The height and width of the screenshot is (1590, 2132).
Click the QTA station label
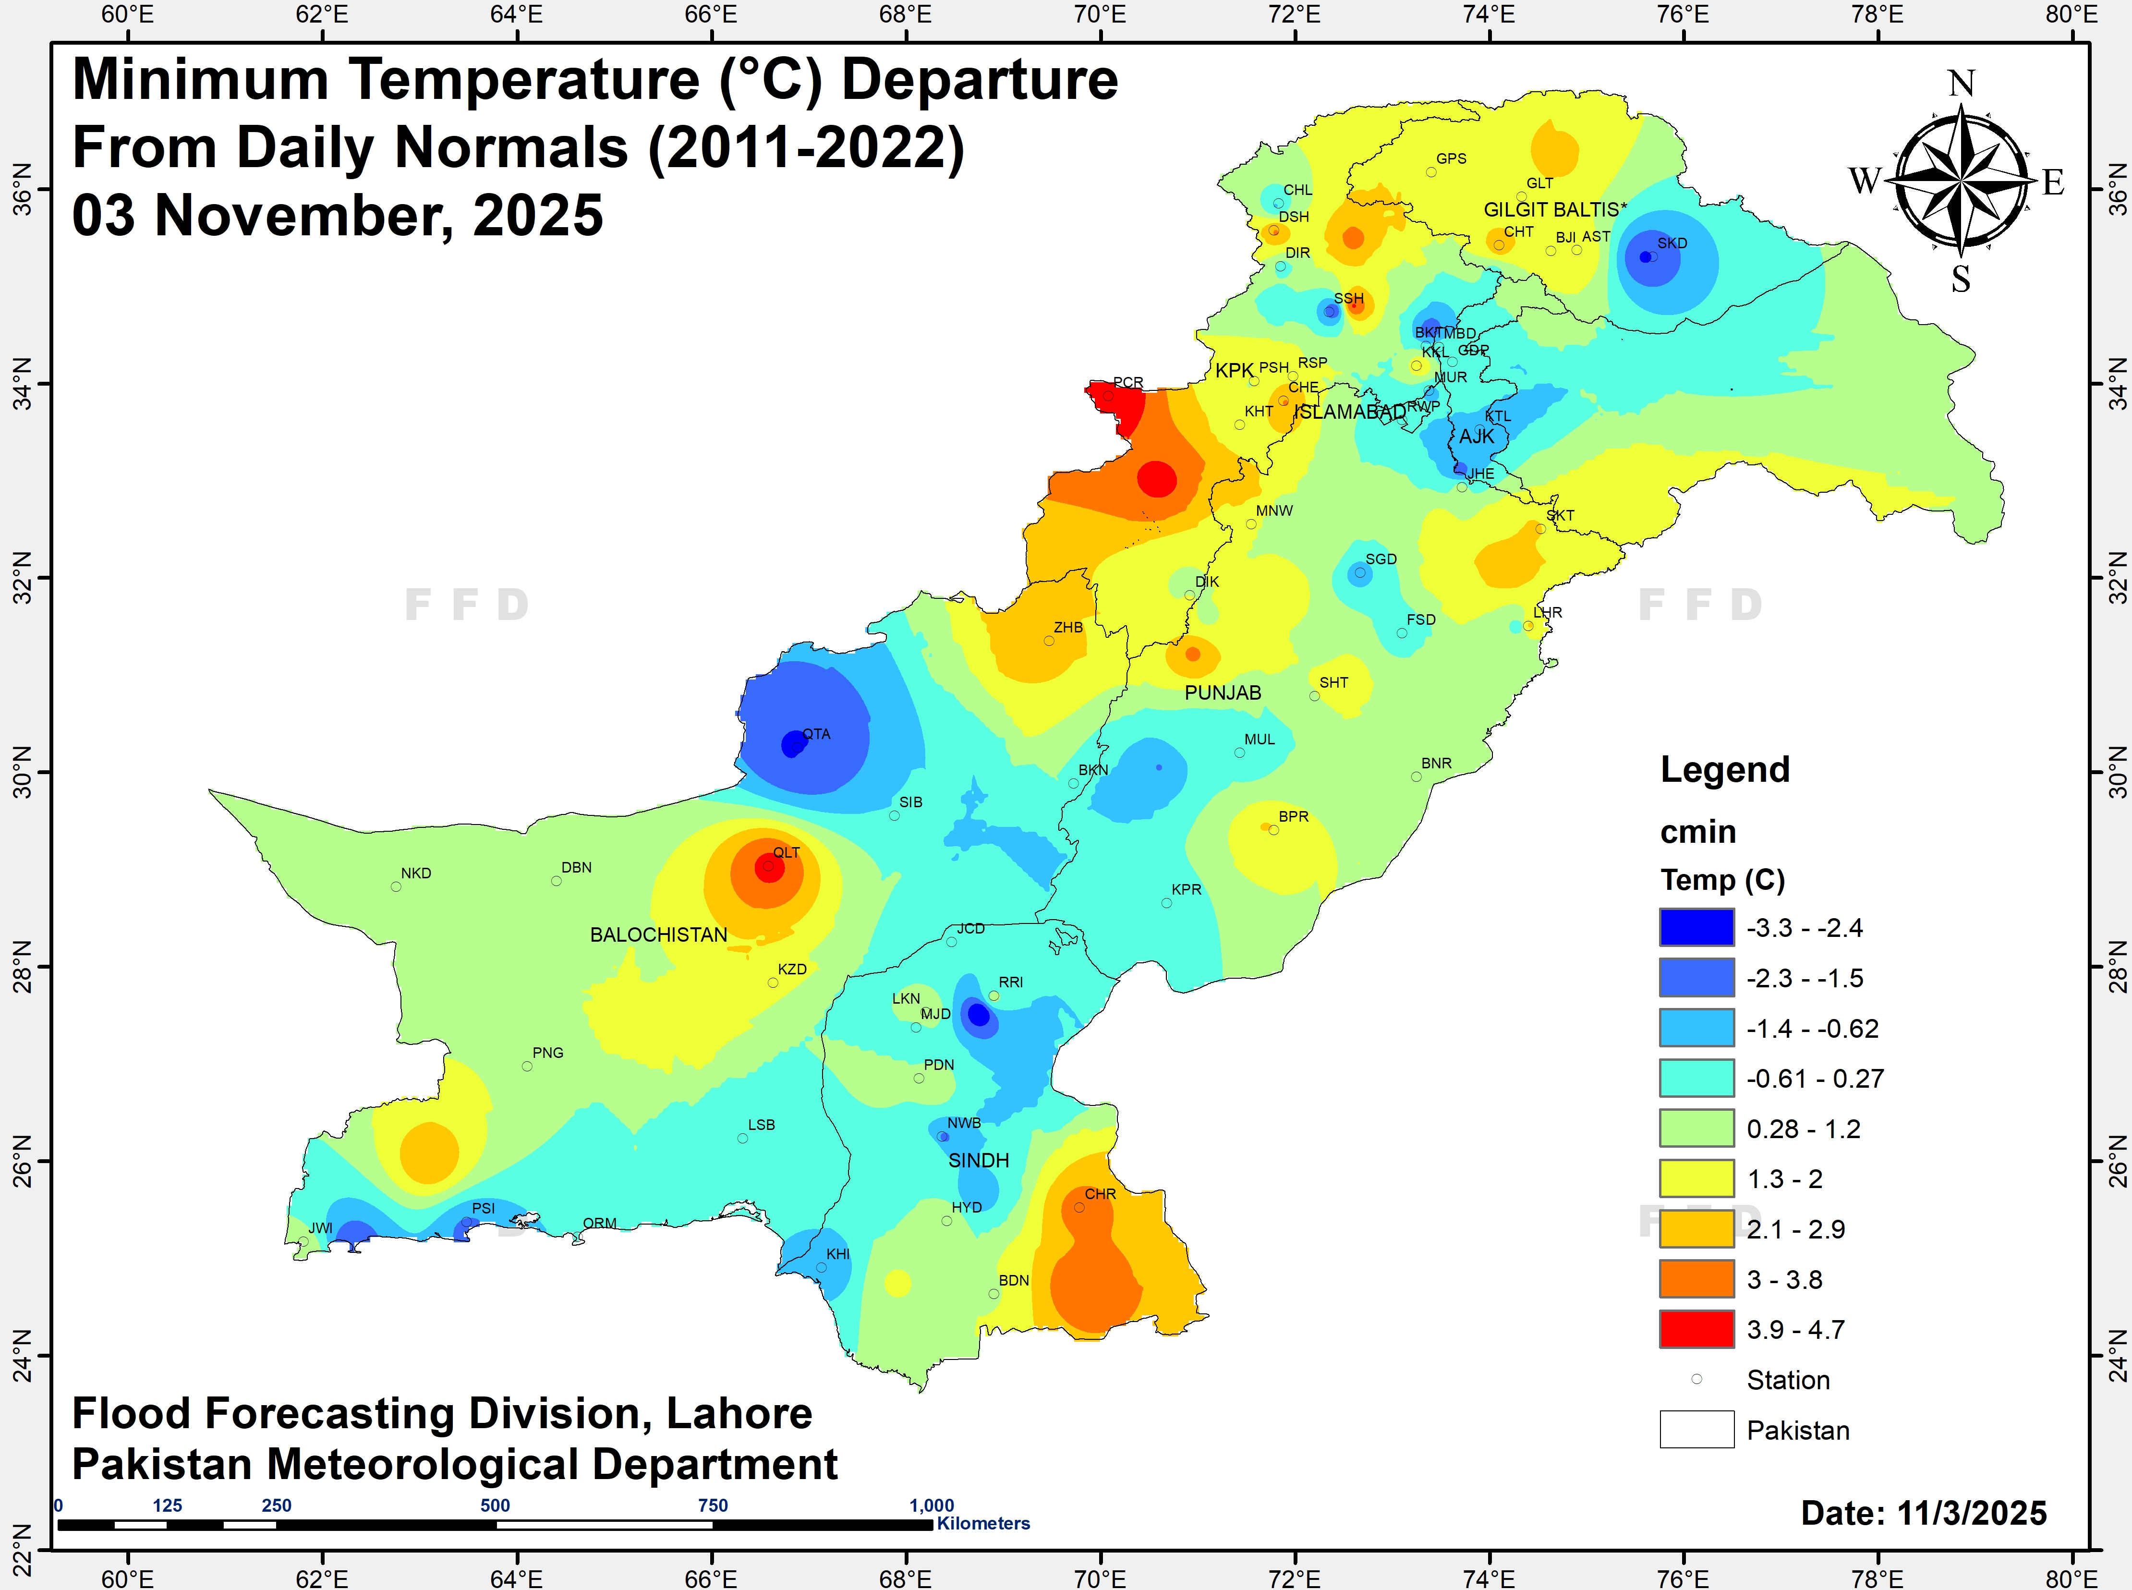pyautogui.click(x=816, y=734)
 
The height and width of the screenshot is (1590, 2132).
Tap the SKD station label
pyautogui.click(x=1672, y=243)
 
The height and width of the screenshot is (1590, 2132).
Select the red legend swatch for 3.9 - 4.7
pyautogui.click(x=1696, y=1329)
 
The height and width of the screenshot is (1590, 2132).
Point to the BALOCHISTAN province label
pyautogui.click(x=658, y=935)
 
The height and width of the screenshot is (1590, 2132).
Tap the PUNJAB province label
pyautogui.click(x=1223, y=693)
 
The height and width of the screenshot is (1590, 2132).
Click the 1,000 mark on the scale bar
pyautogui.click(x=932, y=1505)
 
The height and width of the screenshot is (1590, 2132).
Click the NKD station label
pyautogui.click(x=416, y=874)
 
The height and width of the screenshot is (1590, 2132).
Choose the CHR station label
pyautogui.click(x=1100, y=1194)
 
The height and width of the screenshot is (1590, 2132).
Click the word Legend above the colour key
pyautogui.click(x=1725, y=770)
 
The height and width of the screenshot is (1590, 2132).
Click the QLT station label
pyautogui.click(x=787, y=853)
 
